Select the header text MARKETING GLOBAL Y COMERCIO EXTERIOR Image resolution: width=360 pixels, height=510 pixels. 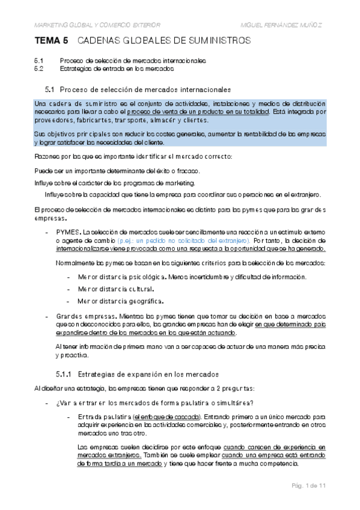point(97,25)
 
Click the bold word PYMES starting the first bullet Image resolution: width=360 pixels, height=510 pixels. point(68,232)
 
